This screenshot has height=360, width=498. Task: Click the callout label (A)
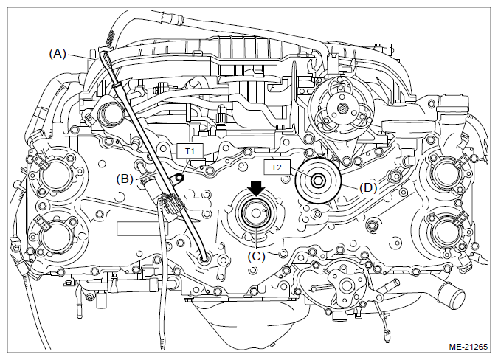58,54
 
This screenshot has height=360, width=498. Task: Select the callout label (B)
125,179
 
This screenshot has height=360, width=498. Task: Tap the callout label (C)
256,256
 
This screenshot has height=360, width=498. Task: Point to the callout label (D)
368,188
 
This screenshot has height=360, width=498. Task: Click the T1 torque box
190,151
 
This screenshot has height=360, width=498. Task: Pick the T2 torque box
277,167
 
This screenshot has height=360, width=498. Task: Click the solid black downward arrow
256,189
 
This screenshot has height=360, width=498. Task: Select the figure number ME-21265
468,346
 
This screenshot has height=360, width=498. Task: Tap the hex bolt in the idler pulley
317,181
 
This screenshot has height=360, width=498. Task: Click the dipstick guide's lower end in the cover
204,260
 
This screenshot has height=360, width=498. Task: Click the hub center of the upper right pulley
341,108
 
